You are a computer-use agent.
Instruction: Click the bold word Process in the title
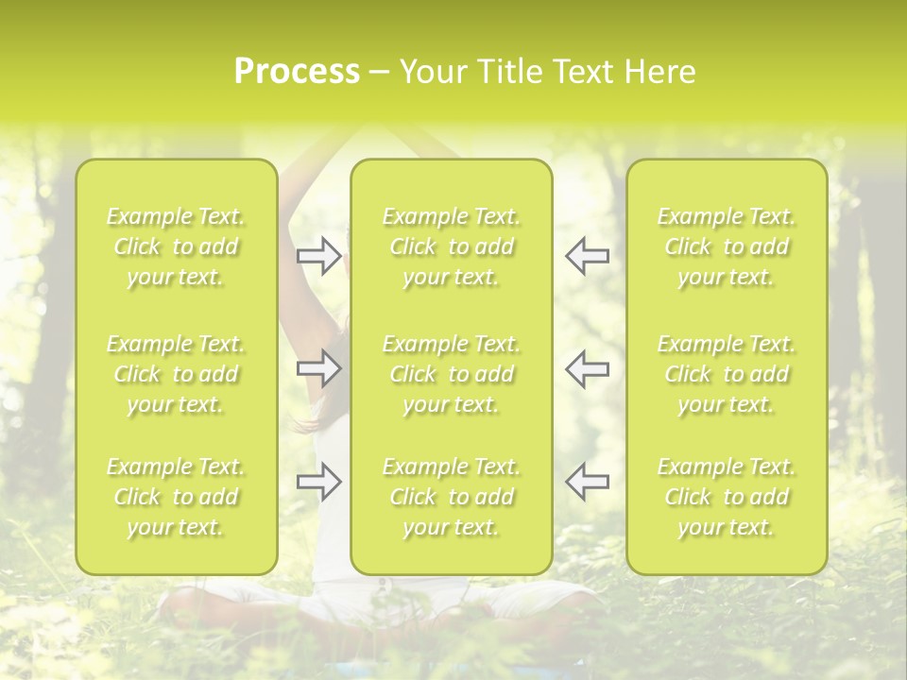click(x=297, y=72)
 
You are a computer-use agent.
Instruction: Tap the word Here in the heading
click(x=659, y=72)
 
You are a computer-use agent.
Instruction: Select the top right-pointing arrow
click(x=319, y=256)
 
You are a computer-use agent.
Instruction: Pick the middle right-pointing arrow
click(x=319, y=368)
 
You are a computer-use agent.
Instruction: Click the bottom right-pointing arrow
click(x=319, y=481)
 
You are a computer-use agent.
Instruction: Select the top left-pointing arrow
click(x=587, y=256)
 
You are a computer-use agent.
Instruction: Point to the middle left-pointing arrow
click(x=587, y=368)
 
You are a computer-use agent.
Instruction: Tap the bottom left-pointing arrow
click(x=587, y=481)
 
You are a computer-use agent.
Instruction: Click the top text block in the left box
click(x=176, y=246)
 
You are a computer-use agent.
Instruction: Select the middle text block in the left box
click(x=176, y=374)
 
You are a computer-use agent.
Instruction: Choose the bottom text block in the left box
click(x=176, y=497)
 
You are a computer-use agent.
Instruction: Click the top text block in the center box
click(x=452, y=246)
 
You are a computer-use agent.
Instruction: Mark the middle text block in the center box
click(x=452, y=374)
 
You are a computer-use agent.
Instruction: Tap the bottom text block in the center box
click(x=452, y=497)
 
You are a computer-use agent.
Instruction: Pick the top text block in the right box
click(x=727, y=246)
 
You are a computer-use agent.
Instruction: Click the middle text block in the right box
click(x=727, y=374)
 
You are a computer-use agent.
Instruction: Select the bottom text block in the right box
click(x=727, y=497)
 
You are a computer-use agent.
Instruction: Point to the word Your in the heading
click(x=430, y=72)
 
